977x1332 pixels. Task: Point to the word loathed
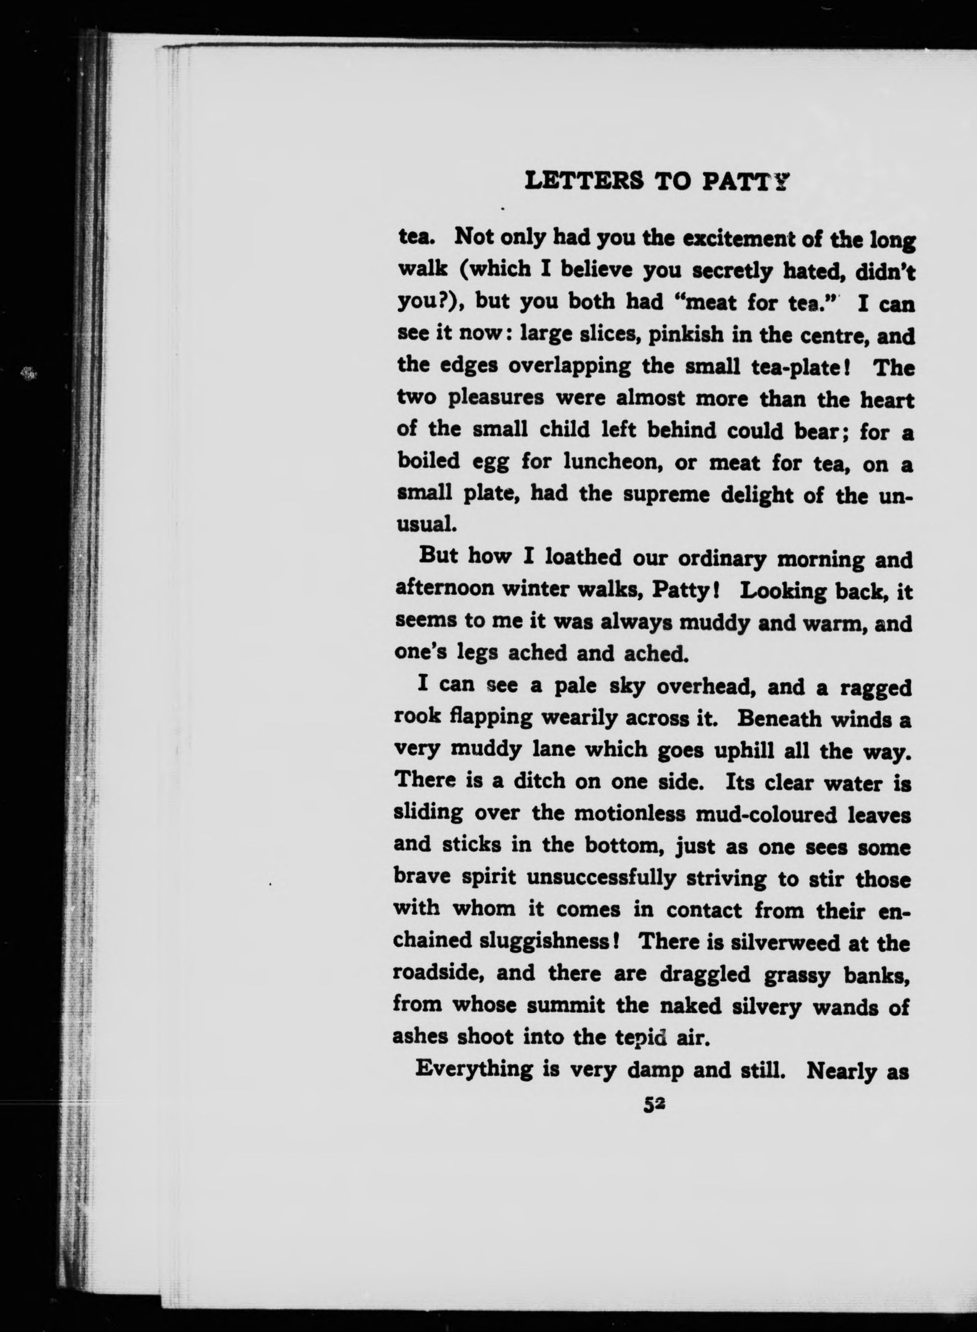(x=582, y=558)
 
